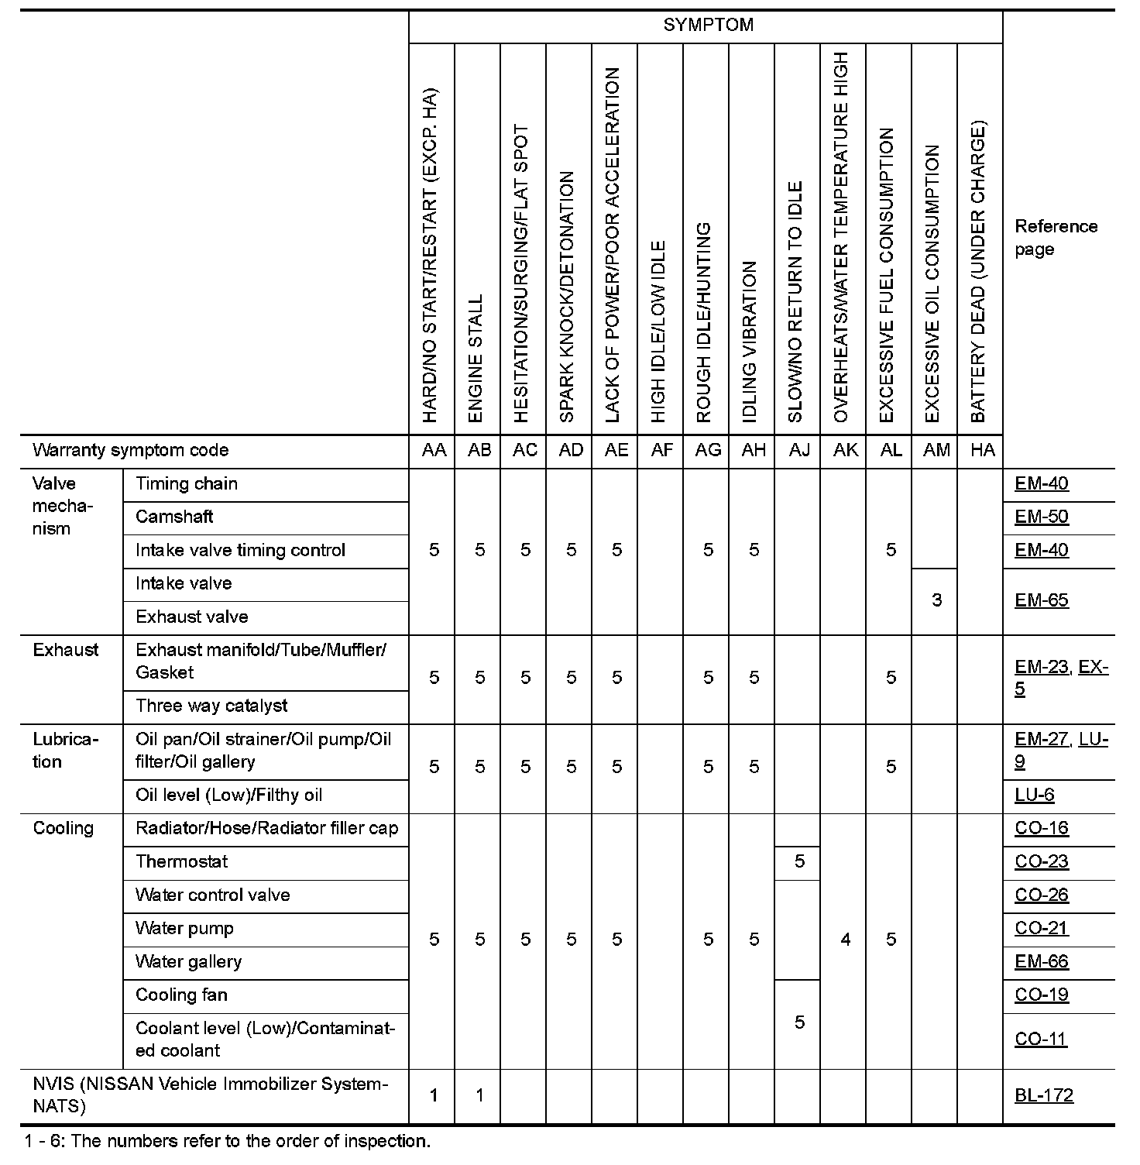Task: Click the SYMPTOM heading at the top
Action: click(x=708, y=25)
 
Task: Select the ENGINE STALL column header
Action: click(x=476, y=358)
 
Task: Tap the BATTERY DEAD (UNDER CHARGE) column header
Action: click(x=978, y=271)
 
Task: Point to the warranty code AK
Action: click(x=845, y=450)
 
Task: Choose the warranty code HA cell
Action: click(x=982, y=450)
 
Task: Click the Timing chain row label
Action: click(x=187, y=484)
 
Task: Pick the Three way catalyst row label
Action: click(x=211, y=706)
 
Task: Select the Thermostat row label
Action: click(x=182, y=861)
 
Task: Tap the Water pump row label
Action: click(x=184, y=928)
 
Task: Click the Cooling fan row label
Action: click(x=182, y=995)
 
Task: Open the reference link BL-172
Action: click(x=1044, y=1095)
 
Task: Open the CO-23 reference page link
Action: click(x=1042, y=861)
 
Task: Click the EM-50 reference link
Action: click(x=1042, y=517)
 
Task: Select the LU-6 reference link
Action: click(x=1035, y=795)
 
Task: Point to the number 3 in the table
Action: click(x=936, y=600)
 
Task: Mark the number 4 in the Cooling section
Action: click(x=845, y=940)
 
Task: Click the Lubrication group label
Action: click(x=66, y=751)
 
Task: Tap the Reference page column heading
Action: click(x=1056, y=238)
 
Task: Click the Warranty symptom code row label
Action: click(x=131, y=450)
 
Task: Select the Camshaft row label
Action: click(x=174, y=517)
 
